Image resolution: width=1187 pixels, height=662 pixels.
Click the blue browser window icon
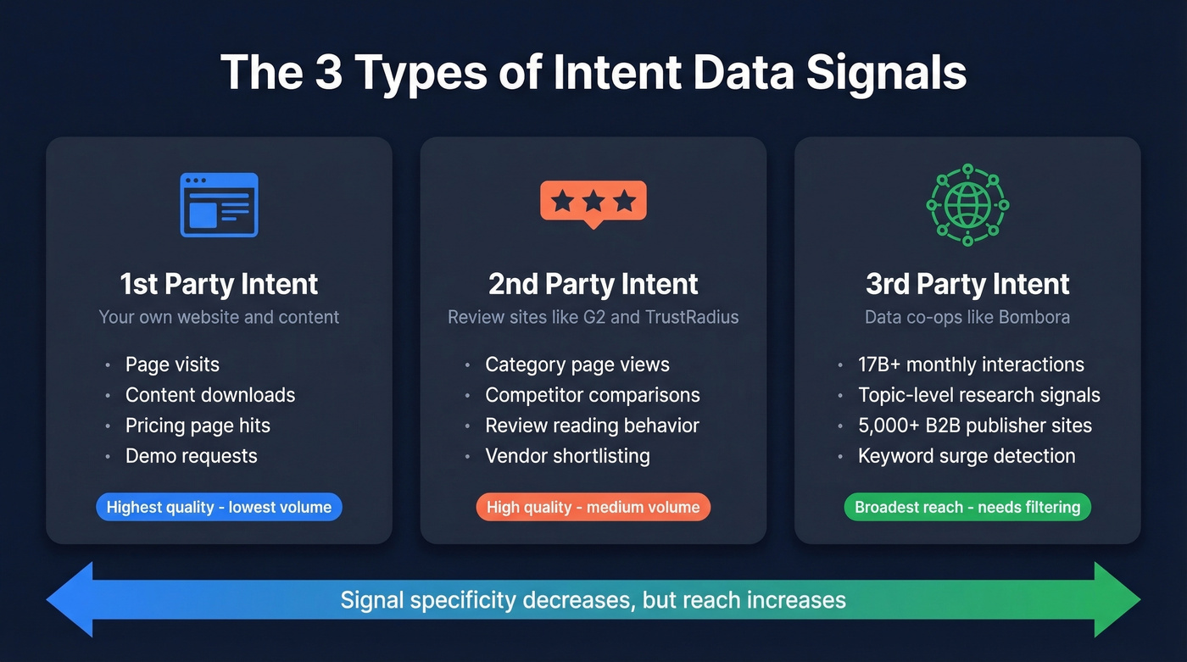point(219,204)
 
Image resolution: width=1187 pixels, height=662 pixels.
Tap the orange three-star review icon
point(593,203)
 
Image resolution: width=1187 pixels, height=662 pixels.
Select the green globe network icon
point(967,205)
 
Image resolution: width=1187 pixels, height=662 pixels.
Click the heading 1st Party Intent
point(219,284)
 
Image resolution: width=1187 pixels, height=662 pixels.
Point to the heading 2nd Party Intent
point(593,284)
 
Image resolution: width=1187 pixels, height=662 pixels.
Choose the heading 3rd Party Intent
point(967,284)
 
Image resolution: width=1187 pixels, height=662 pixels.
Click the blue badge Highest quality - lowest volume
point(219,508)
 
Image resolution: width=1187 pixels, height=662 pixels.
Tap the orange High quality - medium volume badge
point(593,508)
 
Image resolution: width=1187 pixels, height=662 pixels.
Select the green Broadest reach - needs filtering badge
point(967,508)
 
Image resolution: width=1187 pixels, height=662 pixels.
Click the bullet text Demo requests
point(191,456)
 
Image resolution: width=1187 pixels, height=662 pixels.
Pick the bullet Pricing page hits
point(198,426)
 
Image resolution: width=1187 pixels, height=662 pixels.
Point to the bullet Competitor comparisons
point(593,395)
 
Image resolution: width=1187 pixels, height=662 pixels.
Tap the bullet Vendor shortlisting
point(567,456)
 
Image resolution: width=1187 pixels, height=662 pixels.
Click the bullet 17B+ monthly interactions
point(971,364)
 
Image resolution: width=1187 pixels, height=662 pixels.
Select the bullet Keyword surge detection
point(967,456)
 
